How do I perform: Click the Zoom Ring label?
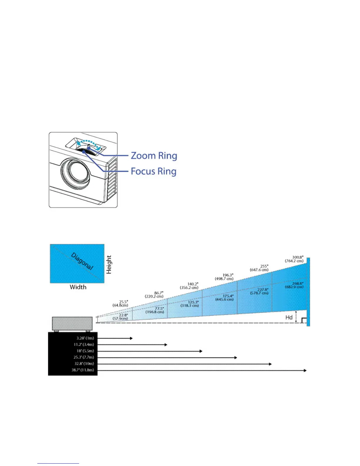(x=154, y=156)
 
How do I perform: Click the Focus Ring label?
(x=153, y=171)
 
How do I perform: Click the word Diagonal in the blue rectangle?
(x=82, y=261)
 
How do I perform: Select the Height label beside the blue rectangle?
(x=109, y=264)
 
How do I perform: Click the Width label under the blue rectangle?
(x=78, y=287)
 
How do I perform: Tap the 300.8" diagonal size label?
(x=294, y=259)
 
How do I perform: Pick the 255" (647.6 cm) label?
(x=259, y=268)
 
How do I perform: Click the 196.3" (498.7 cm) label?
(x=224, y=277)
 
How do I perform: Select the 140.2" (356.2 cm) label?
(x=189, y=286)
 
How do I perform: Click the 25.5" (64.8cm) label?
(x=120, y=304)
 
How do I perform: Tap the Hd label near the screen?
(x=289, y=317)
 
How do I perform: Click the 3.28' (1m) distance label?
(x=85, y=338)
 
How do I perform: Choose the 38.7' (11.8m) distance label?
(x=83, y=370)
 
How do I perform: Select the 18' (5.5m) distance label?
(x=85, y=351)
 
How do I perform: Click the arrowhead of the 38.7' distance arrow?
(x=305, y=370)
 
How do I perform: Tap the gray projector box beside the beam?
(x=72, y=324)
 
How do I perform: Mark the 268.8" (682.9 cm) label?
(x=294, y=285)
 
